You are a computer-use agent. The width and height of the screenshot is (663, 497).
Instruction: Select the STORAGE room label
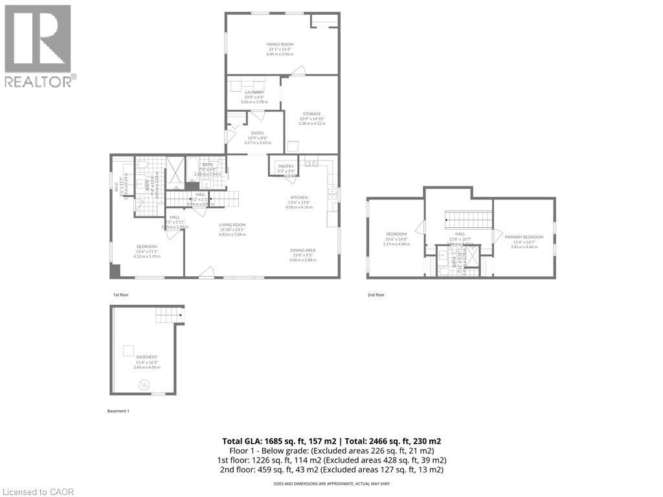311,114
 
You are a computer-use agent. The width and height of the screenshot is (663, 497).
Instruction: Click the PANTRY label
286,166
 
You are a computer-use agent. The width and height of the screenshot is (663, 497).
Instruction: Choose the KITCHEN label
298,197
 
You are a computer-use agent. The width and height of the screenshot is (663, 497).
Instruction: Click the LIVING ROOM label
232,225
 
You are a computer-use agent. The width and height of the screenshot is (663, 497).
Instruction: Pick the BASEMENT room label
146,357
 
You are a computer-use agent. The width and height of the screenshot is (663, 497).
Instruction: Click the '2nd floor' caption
376,295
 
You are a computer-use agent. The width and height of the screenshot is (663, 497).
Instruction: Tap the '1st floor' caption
121,295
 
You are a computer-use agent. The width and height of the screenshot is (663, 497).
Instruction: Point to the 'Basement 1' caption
118,411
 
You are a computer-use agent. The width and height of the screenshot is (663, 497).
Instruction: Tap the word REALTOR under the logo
38,82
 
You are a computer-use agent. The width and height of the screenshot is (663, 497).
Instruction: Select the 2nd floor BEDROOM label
396,234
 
